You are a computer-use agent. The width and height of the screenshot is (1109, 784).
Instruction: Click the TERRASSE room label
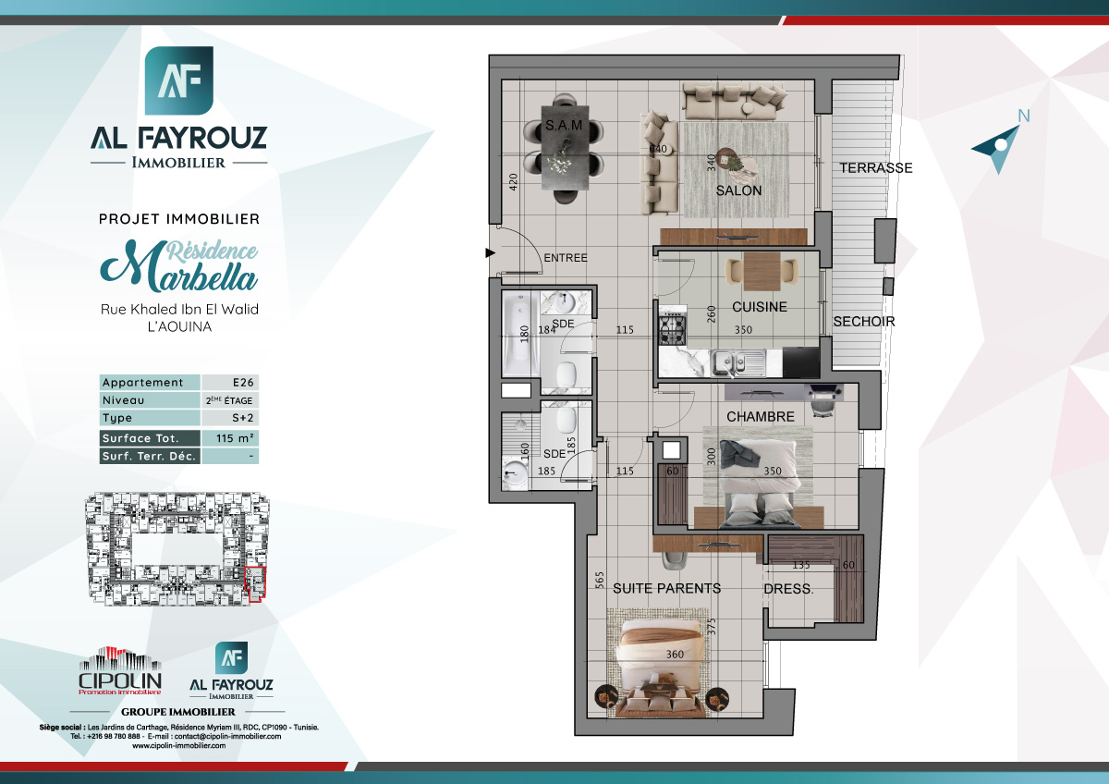[x=875, y=168]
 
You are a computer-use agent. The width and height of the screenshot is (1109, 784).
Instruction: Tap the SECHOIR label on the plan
[x=863, y=322]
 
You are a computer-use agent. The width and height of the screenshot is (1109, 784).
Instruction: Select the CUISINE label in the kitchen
[x=759, y=307]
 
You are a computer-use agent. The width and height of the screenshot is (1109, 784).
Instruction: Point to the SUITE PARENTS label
[x=666, y=588]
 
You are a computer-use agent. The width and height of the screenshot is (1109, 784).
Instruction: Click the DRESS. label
[x=788, y=589]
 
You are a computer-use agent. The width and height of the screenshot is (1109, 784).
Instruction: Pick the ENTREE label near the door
[x=565, y=258]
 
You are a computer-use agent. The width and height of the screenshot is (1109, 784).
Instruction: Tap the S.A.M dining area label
[x=562, y=124]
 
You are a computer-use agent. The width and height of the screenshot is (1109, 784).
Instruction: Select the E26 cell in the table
[x=229, y=383]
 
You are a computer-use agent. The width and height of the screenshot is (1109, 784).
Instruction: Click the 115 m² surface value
[x=229, y=438]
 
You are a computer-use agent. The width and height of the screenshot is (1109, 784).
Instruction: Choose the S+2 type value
[x=229, y=419]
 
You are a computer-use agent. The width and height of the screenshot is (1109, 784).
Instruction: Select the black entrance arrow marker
[x=490, y=251]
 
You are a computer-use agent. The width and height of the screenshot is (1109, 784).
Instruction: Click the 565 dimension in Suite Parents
[x=600, y=580]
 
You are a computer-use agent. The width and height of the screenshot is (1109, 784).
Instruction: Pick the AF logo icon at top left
[x=179, y=81]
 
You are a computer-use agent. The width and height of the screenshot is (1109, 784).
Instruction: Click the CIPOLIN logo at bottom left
[x=120, y=670]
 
